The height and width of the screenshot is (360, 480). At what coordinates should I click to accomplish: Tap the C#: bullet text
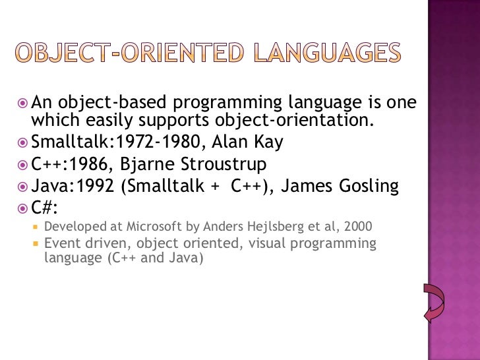point(44,208)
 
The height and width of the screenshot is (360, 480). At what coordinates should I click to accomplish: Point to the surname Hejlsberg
point(273,227)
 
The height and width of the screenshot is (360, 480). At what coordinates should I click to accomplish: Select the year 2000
point(358,227)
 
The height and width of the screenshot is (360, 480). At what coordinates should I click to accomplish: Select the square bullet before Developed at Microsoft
point(36,227)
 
